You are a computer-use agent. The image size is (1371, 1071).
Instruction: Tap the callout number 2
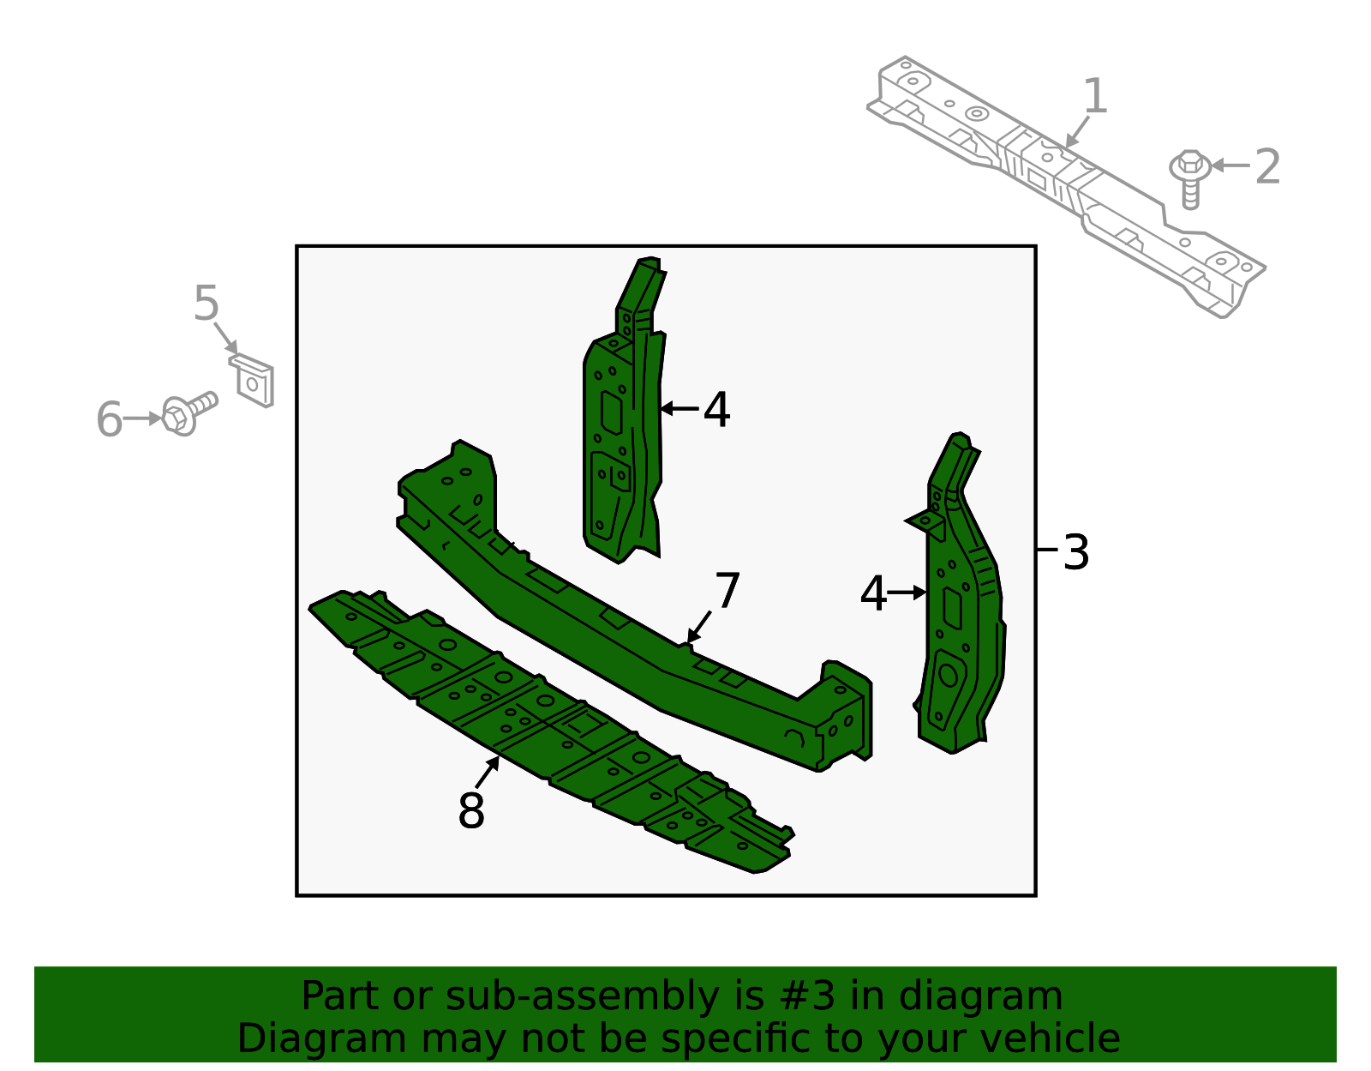tap(1267, 166)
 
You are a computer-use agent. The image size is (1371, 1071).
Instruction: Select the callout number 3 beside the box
tap(1076, 552)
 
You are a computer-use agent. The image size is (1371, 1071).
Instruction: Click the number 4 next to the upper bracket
tap(716, 410)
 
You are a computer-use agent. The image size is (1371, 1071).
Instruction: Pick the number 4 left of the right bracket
tap(872, 594)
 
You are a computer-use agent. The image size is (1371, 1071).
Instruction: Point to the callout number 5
tap(207, 304)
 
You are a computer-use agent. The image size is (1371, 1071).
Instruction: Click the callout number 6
tap(109, 419)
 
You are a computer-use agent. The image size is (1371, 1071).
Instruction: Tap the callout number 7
tap(727, 592)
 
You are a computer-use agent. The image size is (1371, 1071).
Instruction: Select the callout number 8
tap(471, 810)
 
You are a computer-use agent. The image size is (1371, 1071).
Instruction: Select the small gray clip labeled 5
tap(253, 381)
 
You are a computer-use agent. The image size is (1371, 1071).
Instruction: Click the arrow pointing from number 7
tap(699, 627)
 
